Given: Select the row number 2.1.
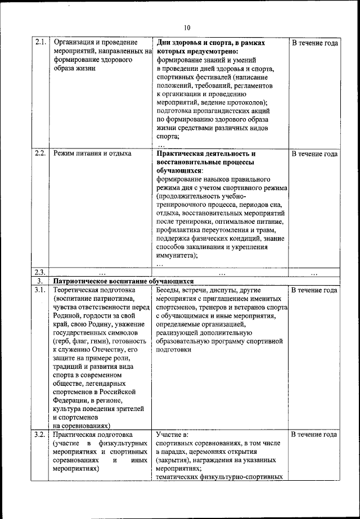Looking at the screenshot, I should [x=40, y=43].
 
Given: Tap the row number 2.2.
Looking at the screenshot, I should [x=40, y=153].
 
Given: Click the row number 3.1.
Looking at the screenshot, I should [x=40, y=290].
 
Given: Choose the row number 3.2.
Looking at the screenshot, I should [x=40, y=434].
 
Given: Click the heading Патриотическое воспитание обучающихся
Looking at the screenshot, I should [x=123, y=281].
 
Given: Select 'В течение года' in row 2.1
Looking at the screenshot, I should [x=314, y=43].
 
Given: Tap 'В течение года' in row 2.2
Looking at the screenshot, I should [x=314, y=154].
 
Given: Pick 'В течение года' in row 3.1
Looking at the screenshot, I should [x=314, y=290].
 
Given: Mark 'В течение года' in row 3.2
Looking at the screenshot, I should [x=314, y=435].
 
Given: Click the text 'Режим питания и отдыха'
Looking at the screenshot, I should [x=92, y=153].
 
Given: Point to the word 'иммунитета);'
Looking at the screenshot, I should [x=177, y=255].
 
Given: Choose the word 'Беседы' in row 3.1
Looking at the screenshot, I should [x=169, y=290].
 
